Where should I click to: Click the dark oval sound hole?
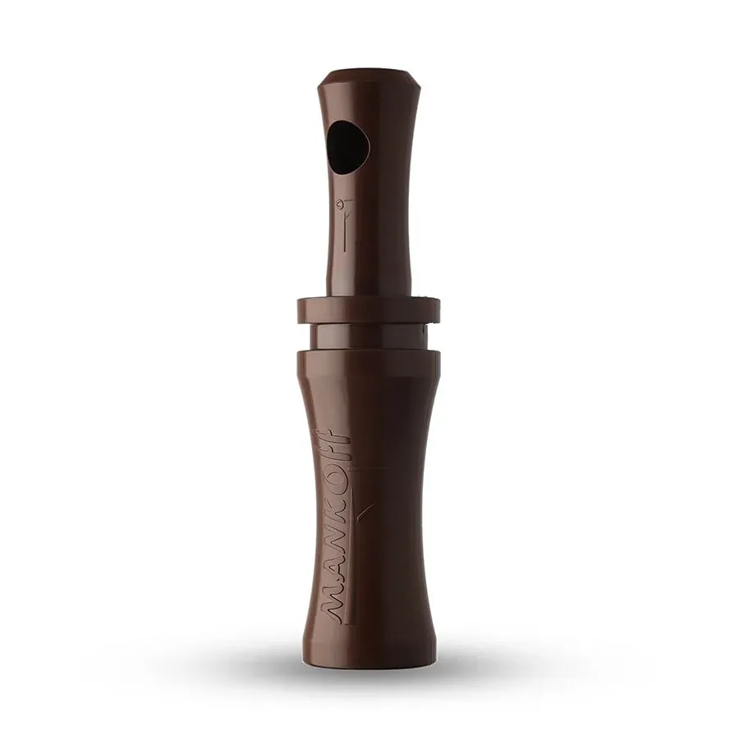pos(348,148)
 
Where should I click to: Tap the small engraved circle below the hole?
pos(338,204)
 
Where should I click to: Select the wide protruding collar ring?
pos(369,310)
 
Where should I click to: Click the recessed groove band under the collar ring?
pos(369,337)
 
